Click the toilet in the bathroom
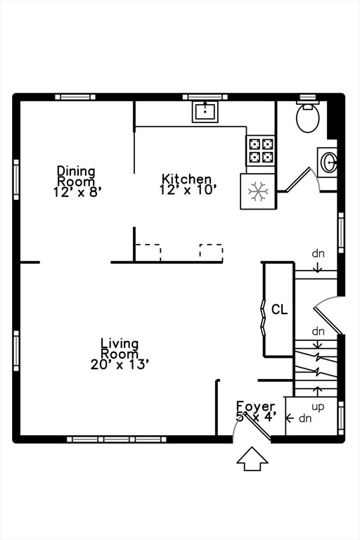point(307,117)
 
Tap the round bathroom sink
point(329,162)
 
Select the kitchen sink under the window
point(205,111)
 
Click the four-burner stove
point(261,150)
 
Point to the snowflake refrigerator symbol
point(258,191)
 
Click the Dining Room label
point(76,176)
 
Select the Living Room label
point(120,349)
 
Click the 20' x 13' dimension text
point(120,364)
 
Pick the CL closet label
point(279,309)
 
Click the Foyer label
point(256,406)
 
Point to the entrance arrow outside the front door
point(252,458)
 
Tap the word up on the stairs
point(318,407)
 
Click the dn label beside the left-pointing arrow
point(305,418)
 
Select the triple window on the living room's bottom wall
point(117,439)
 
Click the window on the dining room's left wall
point(16,179)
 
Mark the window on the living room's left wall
point(16,351)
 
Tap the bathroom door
point(297,179)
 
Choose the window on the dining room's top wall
point(75,97)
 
